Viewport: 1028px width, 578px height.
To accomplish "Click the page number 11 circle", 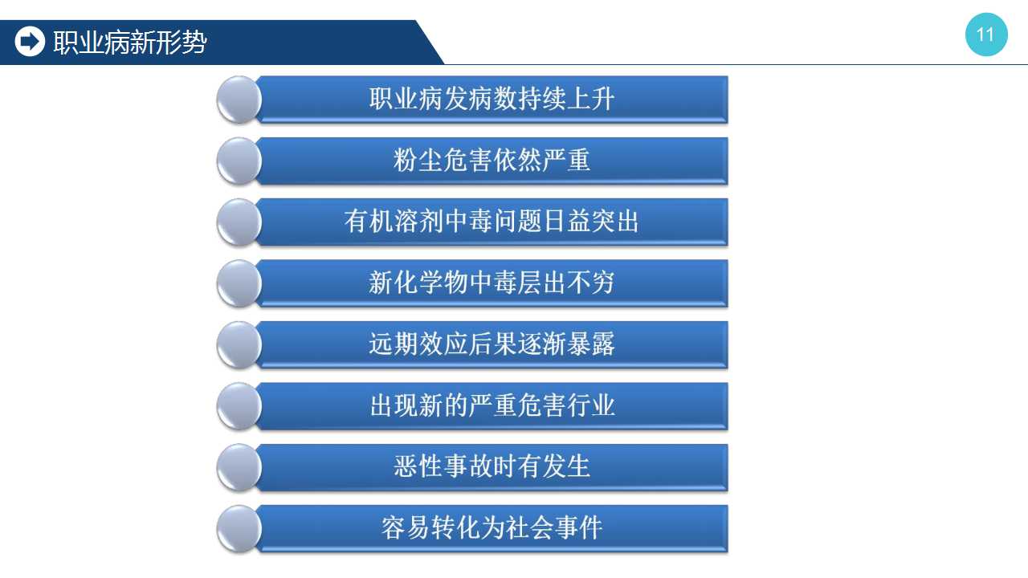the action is click(986, 35).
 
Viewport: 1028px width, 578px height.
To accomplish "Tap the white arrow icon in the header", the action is click(30, 42).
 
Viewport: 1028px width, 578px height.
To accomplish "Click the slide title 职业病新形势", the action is click(130, 43).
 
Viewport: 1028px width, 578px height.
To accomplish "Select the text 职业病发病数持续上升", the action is click(492, 99).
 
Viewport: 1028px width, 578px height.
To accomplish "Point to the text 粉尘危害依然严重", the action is click(492, 160).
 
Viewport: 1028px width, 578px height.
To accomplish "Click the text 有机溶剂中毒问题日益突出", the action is click(492, 221).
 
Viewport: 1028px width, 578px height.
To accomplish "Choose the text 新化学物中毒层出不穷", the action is click(492, 283).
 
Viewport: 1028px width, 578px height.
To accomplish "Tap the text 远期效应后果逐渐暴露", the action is click(492, 344).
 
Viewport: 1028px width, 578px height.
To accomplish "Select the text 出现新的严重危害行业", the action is click(492, 405).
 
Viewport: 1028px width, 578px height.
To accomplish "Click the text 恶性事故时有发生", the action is click(492, 466).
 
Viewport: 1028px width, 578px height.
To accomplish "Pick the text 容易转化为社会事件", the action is click(492, 528).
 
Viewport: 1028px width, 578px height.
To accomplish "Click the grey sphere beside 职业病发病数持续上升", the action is click(239, 100).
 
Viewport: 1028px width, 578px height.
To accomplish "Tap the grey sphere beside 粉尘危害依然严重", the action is click(239, 161).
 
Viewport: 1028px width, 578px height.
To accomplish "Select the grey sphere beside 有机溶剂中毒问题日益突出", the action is click(239, 222).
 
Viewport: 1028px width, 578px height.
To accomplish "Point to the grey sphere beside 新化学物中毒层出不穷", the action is click(239, 283).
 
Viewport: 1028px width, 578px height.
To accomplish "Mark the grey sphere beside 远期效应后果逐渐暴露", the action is click(239, 345).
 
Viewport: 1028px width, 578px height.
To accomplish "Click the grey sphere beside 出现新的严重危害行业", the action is click(239, 406).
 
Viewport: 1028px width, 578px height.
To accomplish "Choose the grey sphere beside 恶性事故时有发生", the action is click(239, 467).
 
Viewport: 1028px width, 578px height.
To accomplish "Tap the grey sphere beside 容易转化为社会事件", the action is click(239, 529).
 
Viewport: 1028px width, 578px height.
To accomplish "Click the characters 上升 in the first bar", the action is click(590, 99).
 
